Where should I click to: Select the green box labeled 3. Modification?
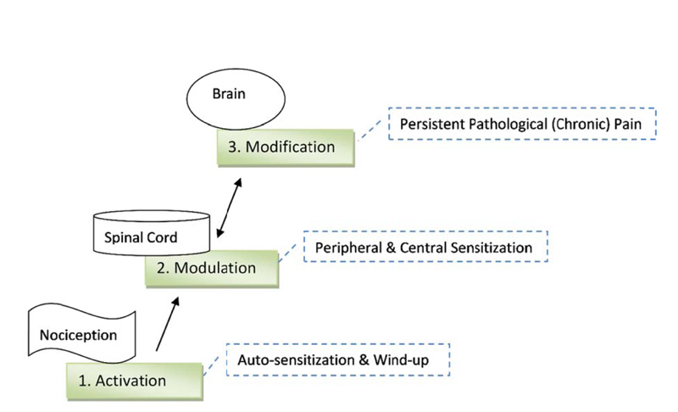point(275,148)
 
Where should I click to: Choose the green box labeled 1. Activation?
point(135,380)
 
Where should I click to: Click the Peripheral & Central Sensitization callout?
point(423,248)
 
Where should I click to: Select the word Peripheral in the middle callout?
point(348,248)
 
